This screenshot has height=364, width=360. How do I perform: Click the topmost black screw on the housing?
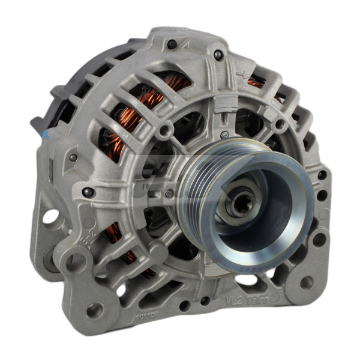tap(172, 44)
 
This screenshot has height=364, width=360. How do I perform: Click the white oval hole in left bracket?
tap(49, 216)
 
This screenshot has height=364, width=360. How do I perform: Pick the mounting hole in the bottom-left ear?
tap(94, 311)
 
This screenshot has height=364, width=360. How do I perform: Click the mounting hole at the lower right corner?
tap(306, 282)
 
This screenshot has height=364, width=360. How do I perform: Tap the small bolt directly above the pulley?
tap(224, 134)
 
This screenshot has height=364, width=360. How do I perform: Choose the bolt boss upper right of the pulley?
tap(280, 124)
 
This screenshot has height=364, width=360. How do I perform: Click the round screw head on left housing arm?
tap(88, 192)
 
